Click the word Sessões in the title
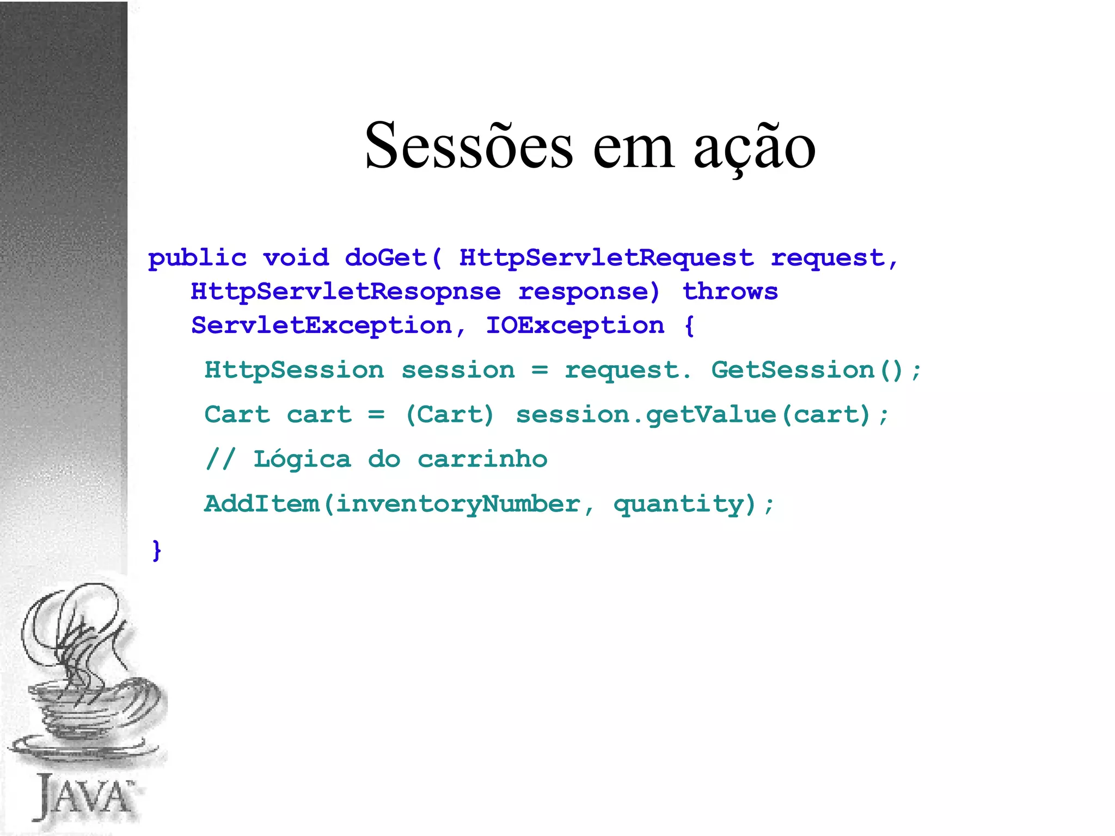[x=469, y=146]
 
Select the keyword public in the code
[x=197, y=258]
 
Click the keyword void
[x=296, y=257]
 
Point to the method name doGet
[x=385, y=257]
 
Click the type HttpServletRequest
[x=606, y=258]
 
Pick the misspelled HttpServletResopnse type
[x=346, y=292]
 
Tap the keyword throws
[x=730, y=291]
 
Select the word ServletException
[x=322, y=325]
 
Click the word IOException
[x=575, y=325]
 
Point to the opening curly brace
[x=689, y=325]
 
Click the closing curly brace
[x=157, y=550]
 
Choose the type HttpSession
[x=294, y=370]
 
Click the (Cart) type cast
[x=450, y=415]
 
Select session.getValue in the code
[x=646, y=415]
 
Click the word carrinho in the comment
[x=482, y=459]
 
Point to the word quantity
[x=678, y=504]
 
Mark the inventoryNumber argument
[x=458, y=504]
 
